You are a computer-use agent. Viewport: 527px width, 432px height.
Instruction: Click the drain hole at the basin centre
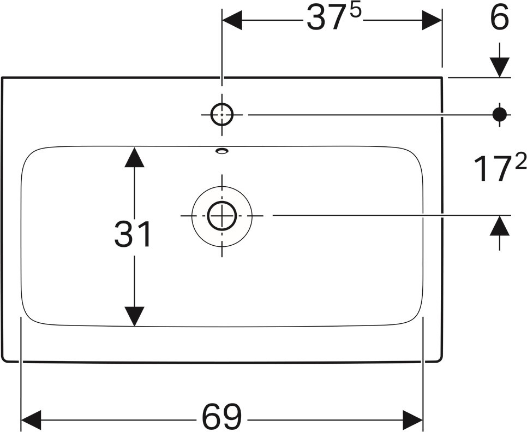[222, 215]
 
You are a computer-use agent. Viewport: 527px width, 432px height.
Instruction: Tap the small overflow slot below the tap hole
[222, 151]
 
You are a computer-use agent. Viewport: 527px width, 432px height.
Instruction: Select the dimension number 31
[133, 235]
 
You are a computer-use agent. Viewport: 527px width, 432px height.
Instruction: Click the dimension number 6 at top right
[499, 19]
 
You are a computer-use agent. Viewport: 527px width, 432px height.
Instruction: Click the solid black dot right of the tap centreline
[500, 114]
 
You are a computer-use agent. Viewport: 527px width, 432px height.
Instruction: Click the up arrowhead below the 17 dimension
[499, 226]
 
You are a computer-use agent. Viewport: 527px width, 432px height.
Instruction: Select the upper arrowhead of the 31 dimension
[134, 157]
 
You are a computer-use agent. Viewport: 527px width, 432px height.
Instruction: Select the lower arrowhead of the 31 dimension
[134, 316]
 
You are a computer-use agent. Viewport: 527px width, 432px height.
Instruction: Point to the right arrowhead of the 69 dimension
[412, 419]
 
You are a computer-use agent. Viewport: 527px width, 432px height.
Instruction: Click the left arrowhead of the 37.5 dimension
[232, 21]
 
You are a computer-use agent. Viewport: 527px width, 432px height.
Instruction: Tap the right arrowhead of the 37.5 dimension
[432, 21]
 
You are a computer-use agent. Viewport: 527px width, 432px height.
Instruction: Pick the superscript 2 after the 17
[520, 162]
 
